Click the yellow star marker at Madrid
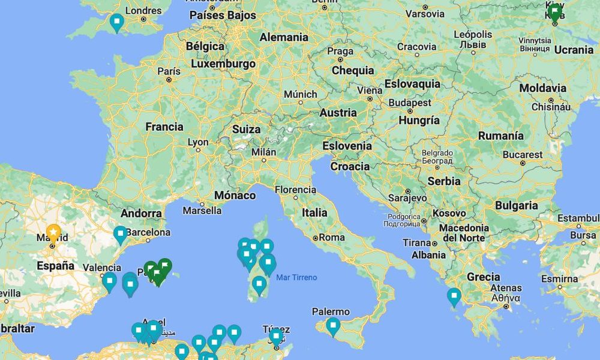53,232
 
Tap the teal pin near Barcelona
121,234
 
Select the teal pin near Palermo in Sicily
333,326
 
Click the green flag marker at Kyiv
555,12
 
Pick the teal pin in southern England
117,22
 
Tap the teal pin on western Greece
454,296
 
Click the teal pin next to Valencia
109,281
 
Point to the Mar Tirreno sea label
296,277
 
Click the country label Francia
164,127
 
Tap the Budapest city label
410,103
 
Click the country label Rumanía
501,136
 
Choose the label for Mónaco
235,195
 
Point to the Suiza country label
246,129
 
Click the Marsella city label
202,211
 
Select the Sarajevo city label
407,197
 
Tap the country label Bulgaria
516,205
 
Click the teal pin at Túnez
276,337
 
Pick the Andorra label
141,213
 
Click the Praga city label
340,51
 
